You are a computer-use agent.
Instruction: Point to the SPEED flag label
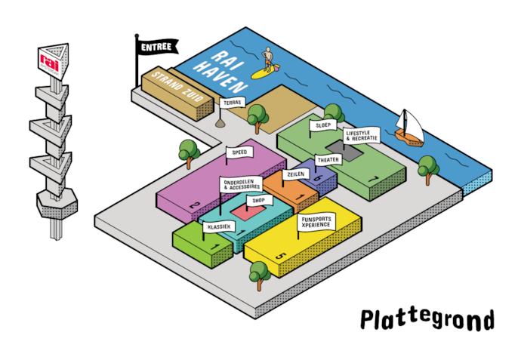(x=239, y=152)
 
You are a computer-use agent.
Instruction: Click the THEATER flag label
(x=328, y=160)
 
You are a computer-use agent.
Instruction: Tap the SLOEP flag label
(x=324, y=125)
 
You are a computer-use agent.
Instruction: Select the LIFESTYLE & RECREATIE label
(x=362, y=136)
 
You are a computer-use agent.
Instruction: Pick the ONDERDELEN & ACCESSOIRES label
(x=242, y=185)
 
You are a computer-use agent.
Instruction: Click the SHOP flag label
(x=258, y=201)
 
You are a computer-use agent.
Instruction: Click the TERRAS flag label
(x=231, y=104)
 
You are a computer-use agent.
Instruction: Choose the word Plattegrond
(x=427, y=320)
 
